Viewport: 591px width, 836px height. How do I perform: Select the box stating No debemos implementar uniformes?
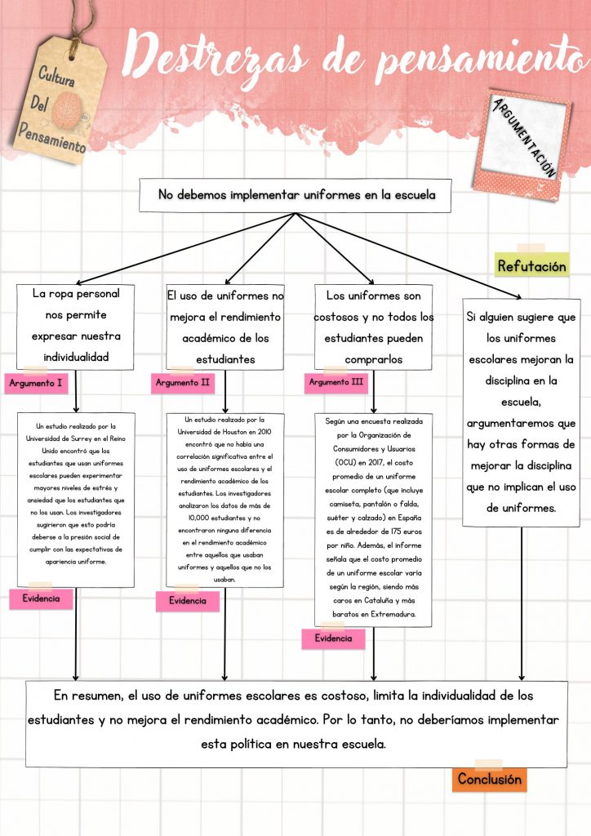tap(295, 195)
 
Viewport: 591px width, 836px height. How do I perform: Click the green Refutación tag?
tap(531, 266)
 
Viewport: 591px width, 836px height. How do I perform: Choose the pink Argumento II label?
tap(183, 382)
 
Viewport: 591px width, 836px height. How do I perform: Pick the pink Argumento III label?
tap(336, 381)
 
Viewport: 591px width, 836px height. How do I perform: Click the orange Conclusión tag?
tap(488, 779)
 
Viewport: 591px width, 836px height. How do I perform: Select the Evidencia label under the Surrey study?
tap(41, 598)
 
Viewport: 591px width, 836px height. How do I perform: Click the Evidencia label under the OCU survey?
tap(333, 638)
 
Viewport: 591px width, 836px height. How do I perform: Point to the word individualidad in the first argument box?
tap(76, 357)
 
